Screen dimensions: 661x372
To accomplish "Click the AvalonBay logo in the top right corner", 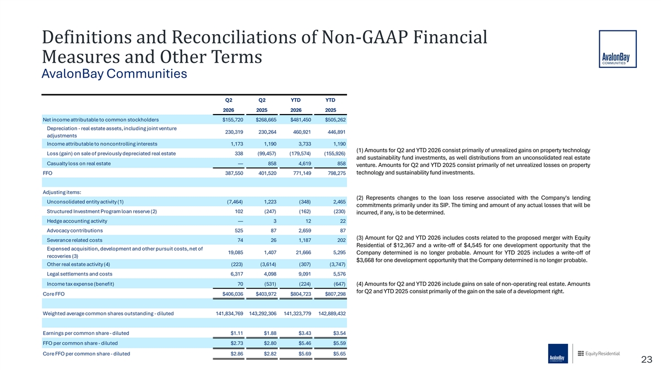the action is point(617,49).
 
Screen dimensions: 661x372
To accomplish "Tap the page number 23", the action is point(647,359).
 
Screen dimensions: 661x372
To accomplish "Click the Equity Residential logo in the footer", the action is point(599,353).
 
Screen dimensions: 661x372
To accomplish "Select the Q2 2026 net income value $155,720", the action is point(233,120).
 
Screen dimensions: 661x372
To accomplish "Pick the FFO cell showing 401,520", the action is point(267,173).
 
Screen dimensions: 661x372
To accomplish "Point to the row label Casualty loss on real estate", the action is point(79,164).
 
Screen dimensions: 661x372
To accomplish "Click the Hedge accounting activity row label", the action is point(77,221).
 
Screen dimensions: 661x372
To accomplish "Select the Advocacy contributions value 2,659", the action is point(305,230).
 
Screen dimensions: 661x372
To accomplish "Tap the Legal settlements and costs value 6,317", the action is point(237,274).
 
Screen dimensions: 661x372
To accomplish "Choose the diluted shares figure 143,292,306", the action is point(263,314).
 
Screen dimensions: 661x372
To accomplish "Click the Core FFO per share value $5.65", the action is point(339,354).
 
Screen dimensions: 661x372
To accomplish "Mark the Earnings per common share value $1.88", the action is point(270,333).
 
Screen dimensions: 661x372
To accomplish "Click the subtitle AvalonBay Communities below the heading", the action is point(114,73).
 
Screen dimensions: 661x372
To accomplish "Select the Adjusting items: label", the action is point(62,192).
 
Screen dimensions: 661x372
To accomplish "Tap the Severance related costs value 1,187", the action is point(305,240).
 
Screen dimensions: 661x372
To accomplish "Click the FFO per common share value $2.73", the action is point(237,343).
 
